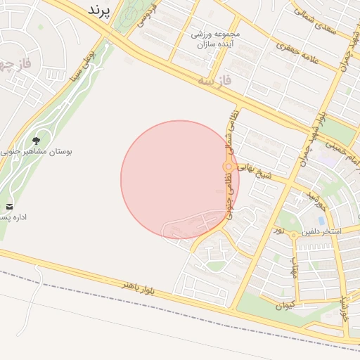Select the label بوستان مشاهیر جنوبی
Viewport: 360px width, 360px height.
click(39, 151)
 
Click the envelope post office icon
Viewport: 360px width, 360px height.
click(10, 206)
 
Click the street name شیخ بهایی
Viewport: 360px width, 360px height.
click(252, 169)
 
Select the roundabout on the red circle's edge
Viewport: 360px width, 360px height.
click(228, 167)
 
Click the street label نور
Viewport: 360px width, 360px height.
click(279, 231)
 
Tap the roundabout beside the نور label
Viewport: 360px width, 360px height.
click(293, 235)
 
